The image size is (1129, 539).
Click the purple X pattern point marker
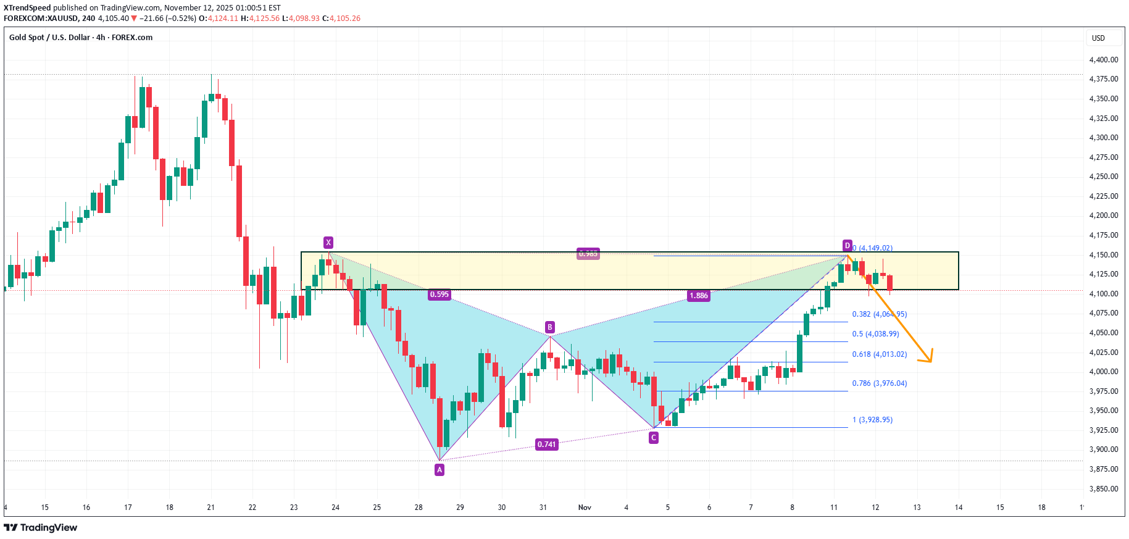pos(328,243)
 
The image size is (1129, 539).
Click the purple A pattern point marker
pos(440,470)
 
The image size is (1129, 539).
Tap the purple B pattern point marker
pos(549,327)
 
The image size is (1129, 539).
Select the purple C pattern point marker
pos(654,438)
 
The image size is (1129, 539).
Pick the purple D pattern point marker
pos(848,246)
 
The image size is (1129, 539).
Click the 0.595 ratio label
pos(440,295)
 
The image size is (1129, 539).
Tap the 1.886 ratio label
pos(699,296)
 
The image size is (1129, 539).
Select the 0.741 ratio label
pos(546,445)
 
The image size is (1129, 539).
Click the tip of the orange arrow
pos(931,362)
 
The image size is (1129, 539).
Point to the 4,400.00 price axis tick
pos(1104,60)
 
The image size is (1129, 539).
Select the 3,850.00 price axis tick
pos(1104,489)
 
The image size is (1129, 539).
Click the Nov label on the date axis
pos(585,508)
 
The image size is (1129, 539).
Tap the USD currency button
pos(1098,38)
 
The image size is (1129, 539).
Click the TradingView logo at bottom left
pos(41,527)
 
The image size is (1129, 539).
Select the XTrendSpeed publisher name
pos(27,8)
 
